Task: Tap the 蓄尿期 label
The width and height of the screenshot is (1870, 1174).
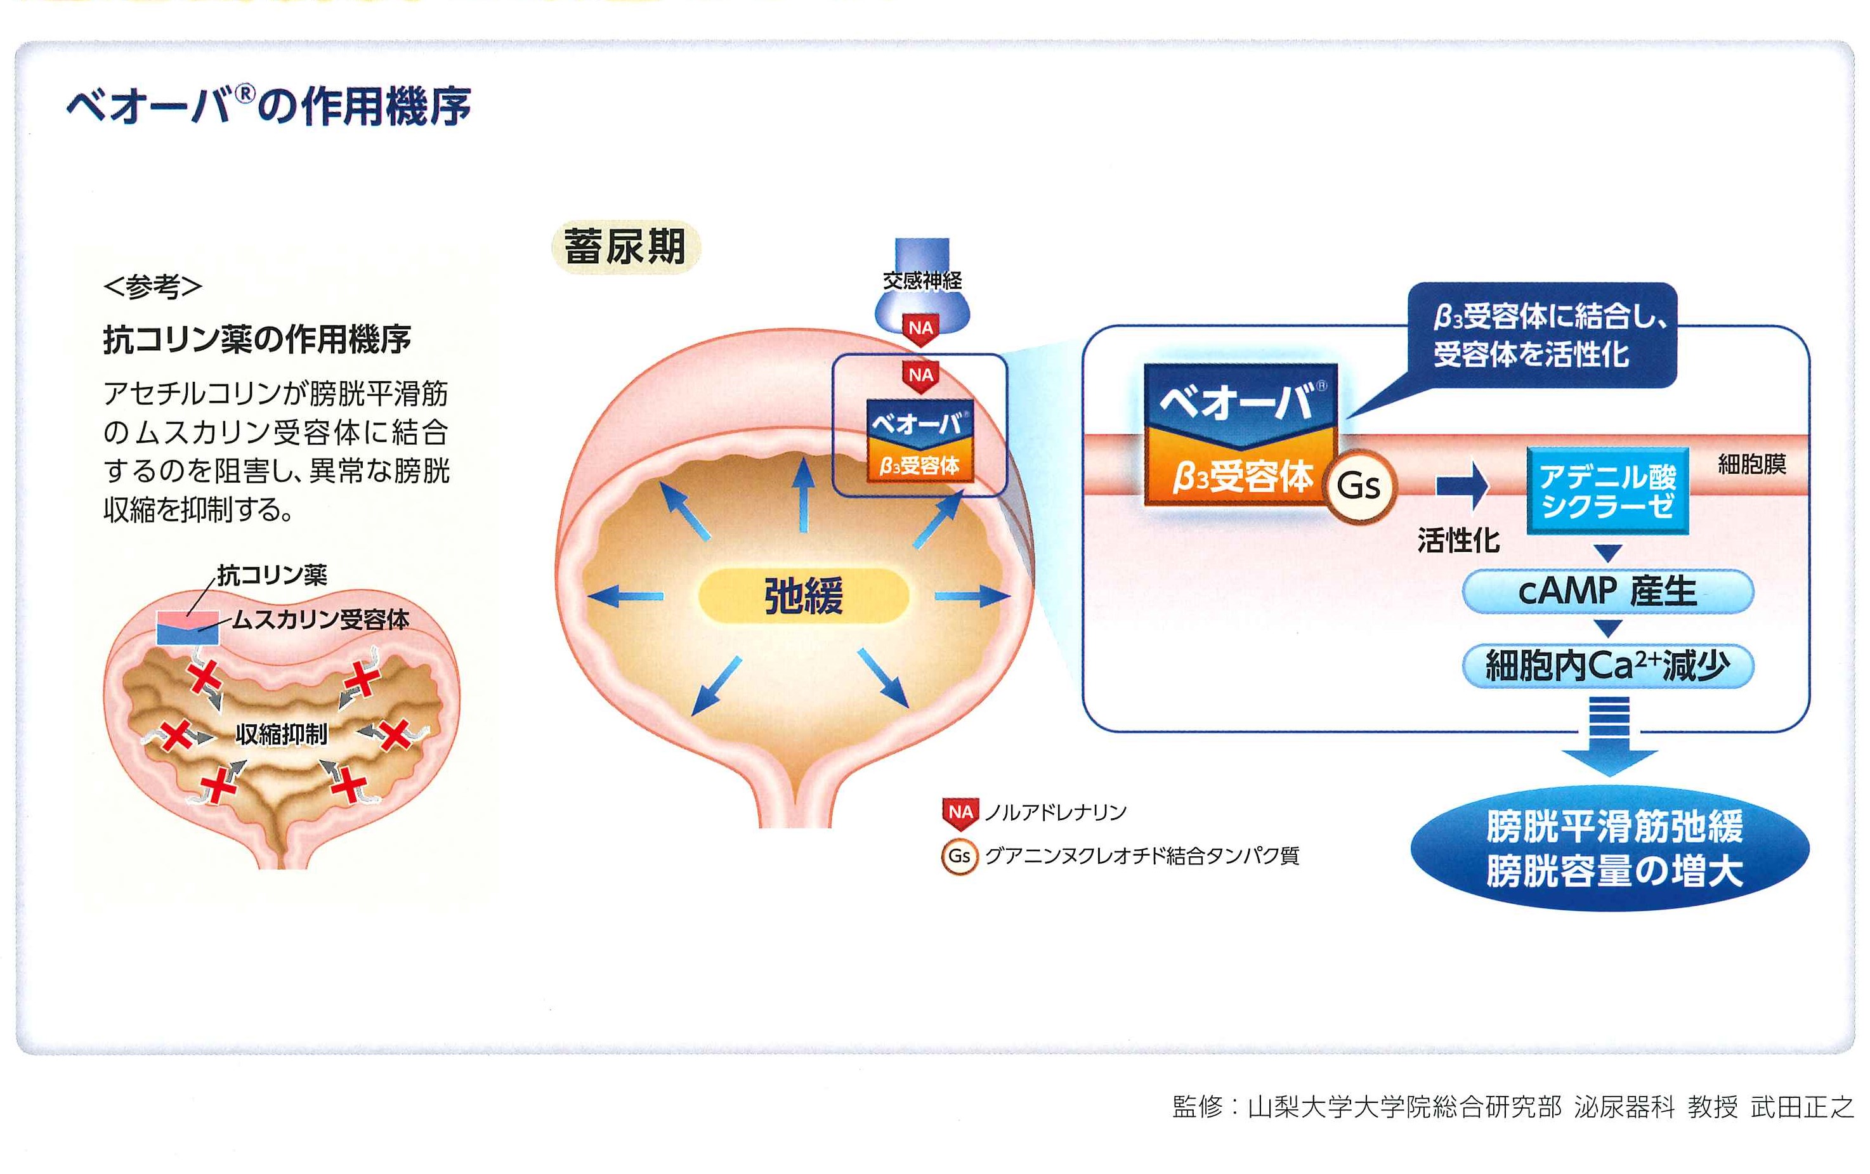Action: (625, 247)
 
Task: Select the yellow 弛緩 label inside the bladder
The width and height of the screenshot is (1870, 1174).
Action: (804, 596)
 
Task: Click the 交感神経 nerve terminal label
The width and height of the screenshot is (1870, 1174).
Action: (922, 280)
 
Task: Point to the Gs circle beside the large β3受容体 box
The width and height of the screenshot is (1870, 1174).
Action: (1358, 486)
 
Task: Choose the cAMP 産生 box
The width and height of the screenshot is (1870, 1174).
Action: (1607, 592)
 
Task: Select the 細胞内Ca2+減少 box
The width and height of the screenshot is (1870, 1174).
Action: (1607, 665)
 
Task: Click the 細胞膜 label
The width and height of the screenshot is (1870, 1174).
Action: (1752, 464)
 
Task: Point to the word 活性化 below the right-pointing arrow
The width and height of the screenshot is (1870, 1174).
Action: (1458, 540)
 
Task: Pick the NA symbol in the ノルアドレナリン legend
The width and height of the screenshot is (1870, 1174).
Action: (960, 813)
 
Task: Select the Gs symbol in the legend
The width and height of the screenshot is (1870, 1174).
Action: (960, 856)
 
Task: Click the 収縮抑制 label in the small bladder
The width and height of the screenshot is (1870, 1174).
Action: (281, 733)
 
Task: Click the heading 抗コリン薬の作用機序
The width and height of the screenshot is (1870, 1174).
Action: (257, 339)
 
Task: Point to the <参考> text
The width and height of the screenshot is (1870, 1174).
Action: (153, 287)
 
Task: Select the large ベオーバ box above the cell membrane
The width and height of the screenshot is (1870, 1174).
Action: (1241, 402)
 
